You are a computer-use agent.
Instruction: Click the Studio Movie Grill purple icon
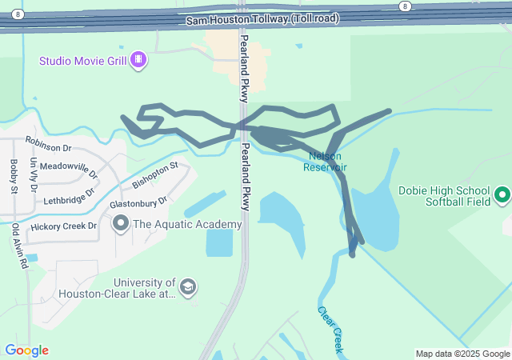coord(139,59)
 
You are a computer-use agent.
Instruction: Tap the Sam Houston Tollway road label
coord(262,18)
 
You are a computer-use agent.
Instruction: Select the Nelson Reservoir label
coord(325,162)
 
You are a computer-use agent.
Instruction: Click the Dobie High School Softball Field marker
coord(502,194)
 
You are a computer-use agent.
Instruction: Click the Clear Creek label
coord(330,330)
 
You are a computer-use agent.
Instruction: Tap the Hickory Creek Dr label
coord(63,226)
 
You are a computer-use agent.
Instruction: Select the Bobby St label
coord(14,175)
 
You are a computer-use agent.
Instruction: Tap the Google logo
coord(26,350)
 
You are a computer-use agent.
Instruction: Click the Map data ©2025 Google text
coord(462,354)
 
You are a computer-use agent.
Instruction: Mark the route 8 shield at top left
coord(18,14)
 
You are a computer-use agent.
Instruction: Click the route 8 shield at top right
coord(406,6)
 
